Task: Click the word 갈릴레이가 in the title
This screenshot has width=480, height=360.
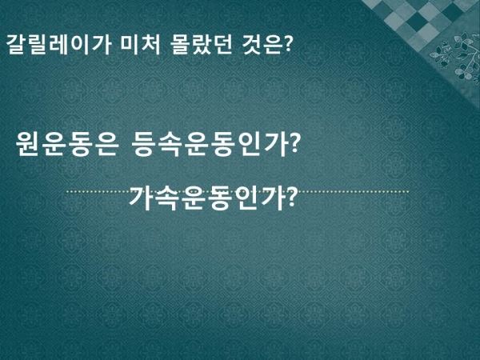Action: click(58, 45)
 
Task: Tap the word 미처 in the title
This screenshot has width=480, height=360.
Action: click(140, 45)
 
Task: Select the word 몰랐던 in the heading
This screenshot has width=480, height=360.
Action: click(201, 45)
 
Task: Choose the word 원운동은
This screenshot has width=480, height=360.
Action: click(67, 144)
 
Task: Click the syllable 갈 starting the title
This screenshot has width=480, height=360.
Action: click(16, 45)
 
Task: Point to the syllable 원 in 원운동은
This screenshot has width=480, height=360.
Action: click(29, 144)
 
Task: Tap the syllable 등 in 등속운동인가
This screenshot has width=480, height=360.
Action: click(145, 144)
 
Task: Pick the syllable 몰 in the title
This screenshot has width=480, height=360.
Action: click(181, 45)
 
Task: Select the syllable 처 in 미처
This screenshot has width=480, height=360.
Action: click(151, 45)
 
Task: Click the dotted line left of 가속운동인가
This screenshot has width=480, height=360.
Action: click(98, 192)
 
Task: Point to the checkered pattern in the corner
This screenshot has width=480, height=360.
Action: click(419, 18)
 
